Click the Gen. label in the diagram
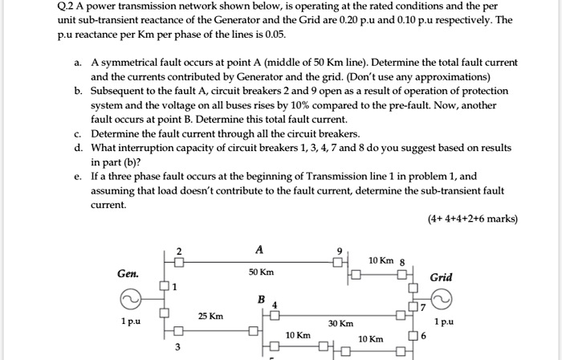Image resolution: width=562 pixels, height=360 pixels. coord(127,274)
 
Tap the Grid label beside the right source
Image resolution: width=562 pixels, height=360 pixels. coord(442,277)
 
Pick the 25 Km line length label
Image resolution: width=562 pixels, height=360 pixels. coord(211,316)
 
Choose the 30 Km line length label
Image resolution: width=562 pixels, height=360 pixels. coord(341,324)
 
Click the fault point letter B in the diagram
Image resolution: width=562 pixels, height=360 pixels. coord(260,298)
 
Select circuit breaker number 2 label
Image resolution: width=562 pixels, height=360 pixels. coord(180,249)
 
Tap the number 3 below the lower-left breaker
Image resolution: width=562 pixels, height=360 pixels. coord(178,347)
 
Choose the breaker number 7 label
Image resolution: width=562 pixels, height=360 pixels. coord(425,306)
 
